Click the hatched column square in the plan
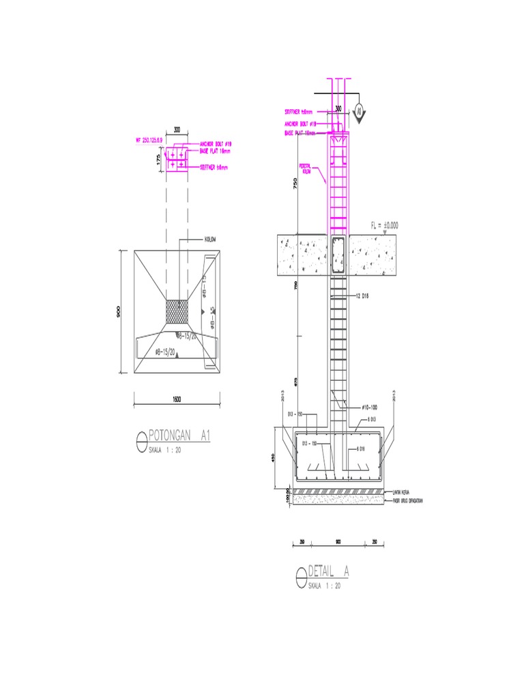coord(177,311)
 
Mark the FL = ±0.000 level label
coord(387,225)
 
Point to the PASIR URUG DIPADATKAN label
coord(407,501)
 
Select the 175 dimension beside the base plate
coord(158,160)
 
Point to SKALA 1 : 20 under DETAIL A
coord(324,586)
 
